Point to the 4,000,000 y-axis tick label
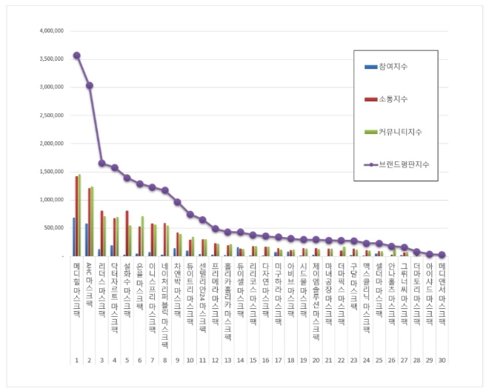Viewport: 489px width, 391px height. click(x=50, y=31)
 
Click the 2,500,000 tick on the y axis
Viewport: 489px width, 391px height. click(x=50, y=116)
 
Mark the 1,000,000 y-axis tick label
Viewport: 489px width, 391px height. click(x=50, y=200)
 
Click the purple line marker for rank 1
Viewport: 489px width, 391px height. click(x=76, y=55)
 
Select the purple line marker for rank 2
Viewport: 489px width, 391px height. click(x=89, y=85)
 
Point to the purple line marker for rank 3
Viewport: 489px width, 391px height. click(x=102, y=163)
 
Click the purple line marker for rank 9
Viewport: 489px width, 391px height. click(x=177, y=201)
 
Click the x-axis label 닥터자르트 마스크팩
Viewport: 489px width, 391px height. click(x=114, y=293)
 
